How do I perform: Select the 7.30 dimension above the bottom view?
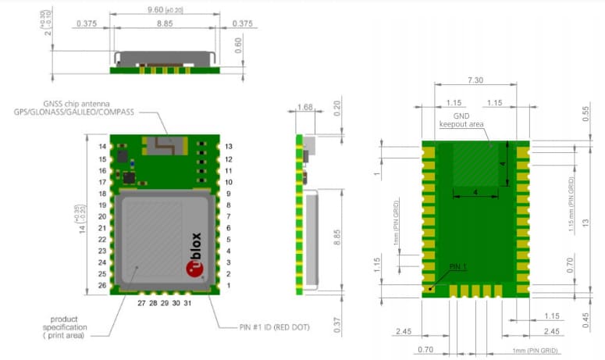click(475, 81)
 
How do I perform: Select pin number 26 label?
click(102, 286)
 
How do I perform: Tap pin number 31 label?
click(187, 301)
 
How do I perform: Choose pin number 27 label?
click(141, 301)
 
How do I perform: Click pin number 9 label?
click(228, 193)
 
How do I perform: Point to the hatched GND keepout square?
click(476, 164)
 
